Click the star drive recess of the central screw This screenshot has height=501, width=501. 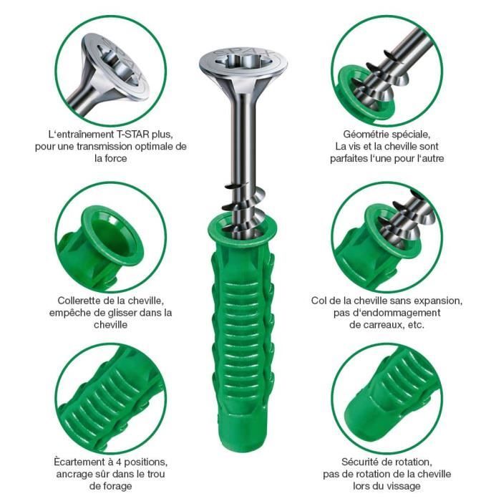pyautogui.click(x=243, y=60)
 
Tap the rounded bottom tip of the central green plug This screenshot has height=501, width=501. pyautogui.click(x=242, y=448)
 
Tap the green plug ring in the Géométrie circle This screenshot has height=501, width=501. pyautogui.click(x=365, y=96)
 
